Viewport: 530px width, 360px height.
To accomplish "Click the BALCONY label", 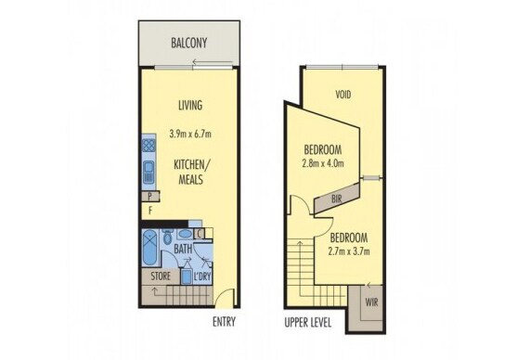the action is click(189, 43).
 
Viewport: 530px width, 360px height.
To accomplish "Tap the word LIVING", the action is click(190, 105).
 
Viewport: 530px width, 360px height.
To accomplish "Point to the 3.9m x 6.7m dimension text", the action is click(190, 134).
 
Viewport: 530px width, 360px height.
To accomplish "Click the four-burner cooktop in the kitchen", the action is click(149, 146).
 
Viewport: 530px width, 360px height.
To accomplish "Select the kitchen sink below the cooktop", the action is click(149, 171).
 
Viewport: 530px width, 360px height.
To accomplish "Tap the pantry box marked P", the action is click(150, 196).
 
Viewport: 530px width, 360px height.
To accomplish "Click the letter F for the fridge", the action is click(150, 211).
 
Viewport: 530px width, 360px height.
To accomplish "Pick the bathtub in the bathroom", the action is click(149, 248).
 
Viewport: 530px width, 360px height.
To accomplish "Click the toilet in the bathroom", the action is click(167, 236).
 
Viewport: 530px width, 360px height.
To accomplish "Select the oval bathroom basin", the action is click(185, 234).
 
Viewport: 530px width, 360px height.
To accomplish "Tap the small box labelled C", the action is click(200, 234).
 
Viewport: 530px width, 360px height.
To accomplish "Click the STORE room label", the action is click(161, 276).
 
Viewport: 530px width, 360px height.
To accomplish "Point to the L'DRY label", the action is click(202, 276).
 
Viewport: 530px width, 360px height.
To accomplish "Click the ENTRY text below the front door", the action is click(224, 322).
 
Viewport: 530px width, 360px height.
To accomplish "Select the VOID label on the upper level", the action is click(343, 95).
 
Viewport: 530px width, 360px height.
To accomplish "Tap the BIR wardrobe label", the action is click(336, 199).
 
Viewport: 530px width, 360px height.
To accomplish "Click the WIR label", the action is click(371, 302).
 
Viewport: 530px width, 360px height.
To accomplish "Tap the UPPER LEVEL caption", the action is click(307, 323).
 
